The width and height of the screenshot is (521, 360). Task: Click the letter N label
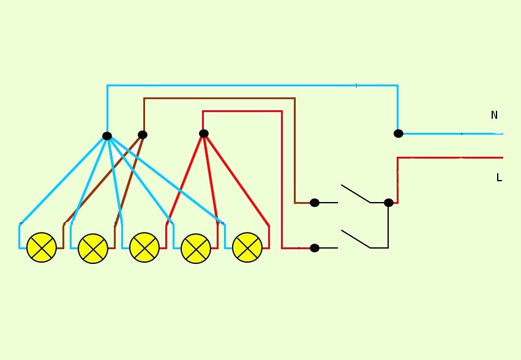click(x=494, y=115)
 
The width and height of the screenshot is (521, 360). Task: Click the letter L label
click(x=499, y=178)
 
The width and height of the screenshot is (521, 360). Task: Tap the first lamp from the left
click(x=42, y=247)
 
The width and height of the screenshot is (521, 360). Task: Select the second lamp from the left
click(x=93, y=249)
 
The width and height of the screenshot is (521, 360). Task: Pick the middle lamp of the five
click(x=144, y=247)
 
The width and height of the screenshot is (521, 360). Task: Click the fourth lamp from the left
click(x=196, y=249)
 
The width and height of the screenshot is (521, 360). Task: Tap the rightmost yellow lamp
click(x=247, y=247)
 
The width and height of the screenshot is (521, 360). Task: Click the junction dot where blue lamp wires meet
click(x=107, y=136)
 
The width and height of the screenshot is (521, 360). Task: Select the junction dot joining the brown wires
click(x=143, y=135)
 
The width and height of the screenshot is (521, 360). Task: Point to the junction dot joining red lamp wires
click(x=204, y=133)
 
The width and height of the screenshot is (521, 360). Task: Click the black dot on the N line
click(x=399, y=133)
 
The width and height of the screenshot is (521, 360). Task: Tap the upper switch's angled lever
click(x=356, y=193)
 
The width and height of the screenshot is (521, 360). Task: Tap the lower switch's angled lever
click(x=356, y=239)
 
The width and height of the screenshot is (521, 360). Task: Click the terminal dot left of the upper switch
click(x=314, y=203)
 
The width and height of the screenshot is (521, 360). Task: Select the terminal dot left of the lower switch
click(x=314, y=248)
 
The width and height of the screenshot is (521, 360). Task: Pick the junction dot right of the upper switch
click(x=388, y=203)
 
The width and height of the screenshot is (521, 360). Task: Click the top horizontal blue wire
click(x=252, y=86)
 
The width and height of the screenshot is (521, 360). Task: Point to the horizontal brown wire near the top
click(x=219, y=99)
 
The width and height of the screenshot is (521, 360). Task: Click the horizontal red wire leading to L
click(x=450, y=157)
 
